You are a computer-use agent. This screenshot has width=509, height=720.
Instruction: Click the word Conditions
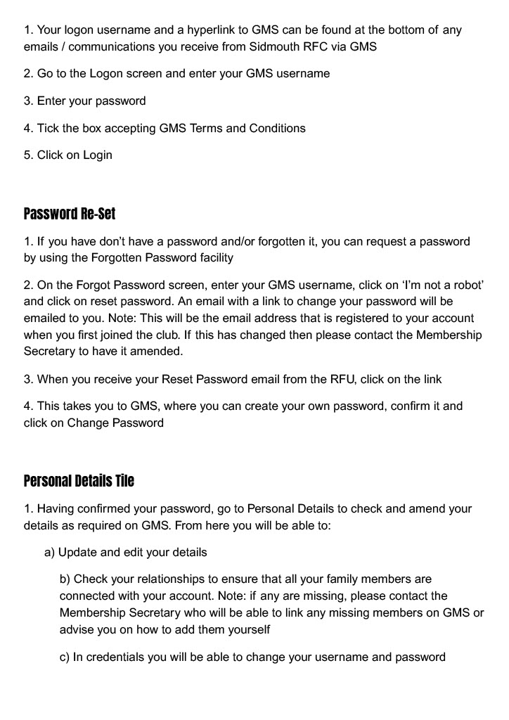(x=276, y=128)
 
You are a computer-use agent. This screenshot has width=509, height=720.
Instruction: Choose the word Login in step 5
(x=98, y=155)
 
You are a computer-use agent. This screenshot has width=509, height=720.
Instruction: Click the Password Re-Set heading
(x=70, y=214)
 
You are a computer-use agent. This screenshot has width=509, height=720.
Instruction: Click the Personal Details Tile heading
(x=79, y=481)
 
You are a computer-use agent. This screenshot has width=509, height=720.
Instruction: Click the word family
(x=347, y=579)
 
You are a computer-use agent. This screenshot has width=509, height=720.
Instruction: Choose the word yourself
(x=246, y=629)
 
